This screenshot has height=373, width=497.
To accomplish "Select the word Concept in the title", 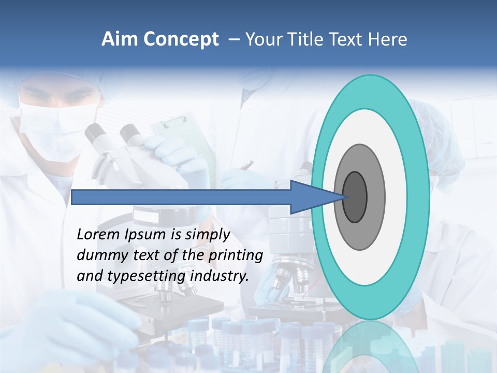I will coord(181,39).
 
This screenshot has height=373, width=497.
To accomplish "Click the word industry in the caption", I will coord(220,276).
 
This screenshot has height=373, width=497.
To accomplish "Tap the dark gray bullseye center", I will coord(356,197).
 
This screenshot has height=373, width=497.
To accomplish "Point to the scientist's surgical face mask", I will coord(57,124).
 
